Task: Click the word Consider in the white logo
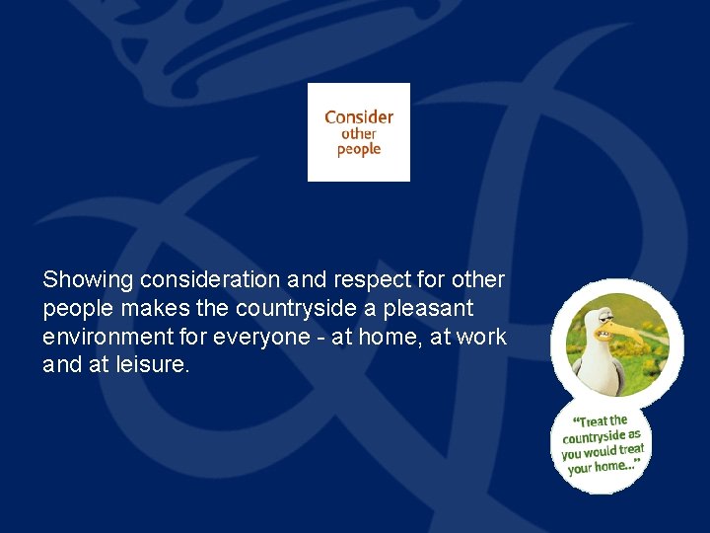(359, 116)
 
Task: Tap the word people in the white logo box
(359, 150)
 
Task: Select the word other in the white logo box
(359, 133)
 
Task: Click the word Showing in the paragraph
(88, 280)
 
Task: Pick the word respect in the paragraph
(374, 280)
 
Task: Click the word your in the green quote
(581, 469)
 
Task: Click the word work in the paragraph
(483, 337)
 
